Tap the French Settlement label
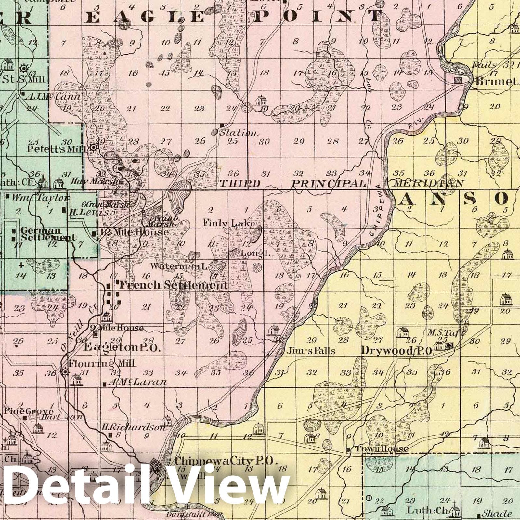coord(173,285)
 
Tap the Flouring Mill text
coord(102,363)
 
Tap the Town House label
coord(381,449)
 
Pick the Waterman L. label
coord(179,266)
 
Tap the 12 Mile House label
coord(134,232)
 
